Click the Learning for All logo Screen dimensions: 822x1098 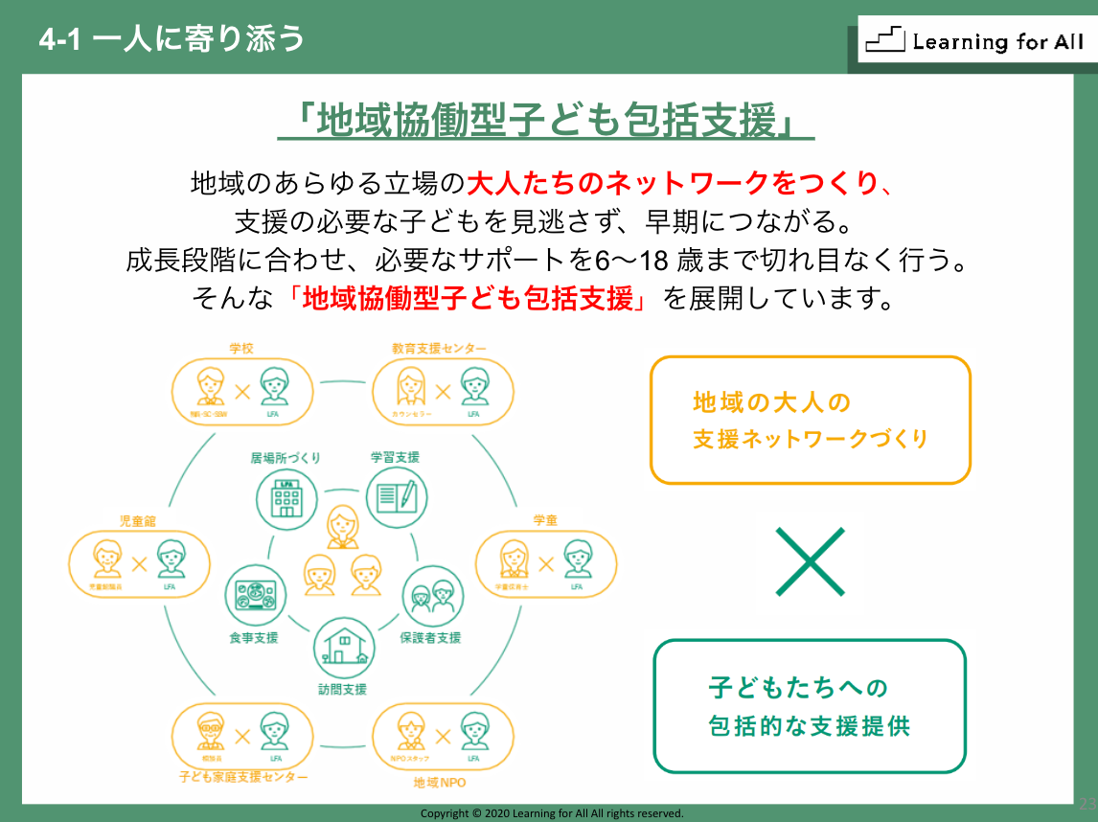coord(974,40)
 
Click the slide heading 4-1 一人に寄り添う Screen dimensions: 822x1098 coord(173,38)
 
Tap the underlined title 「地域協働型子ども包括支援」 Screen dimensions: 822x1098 coord(545,122)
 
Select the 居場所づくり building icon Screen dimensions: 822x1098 coord(286,496)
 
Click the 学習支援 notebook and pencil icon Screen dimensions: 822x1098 coord(397,496)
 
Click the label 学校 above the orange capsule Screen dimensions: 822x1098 coord(241,348)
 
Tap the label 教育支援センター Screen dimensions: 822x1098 coord(439,348)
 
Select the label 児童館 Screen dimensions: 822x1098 coord(137,520)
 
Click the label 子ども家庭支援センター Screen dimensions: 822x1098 coord(243,775)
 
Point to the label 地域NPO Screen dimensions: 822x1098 coord(440,783)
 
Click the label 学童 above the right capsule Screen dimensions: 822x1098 coord(545,520)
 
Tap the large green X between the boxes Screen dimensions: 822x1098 coord(810,561)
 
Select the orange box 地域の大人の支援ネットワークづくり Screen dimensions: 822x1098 coord(810,421)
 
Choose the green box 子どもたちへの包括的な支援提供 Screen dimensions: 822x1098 coord(810,706)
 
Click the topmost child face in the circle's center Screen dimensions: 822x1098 coord(342,525)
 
